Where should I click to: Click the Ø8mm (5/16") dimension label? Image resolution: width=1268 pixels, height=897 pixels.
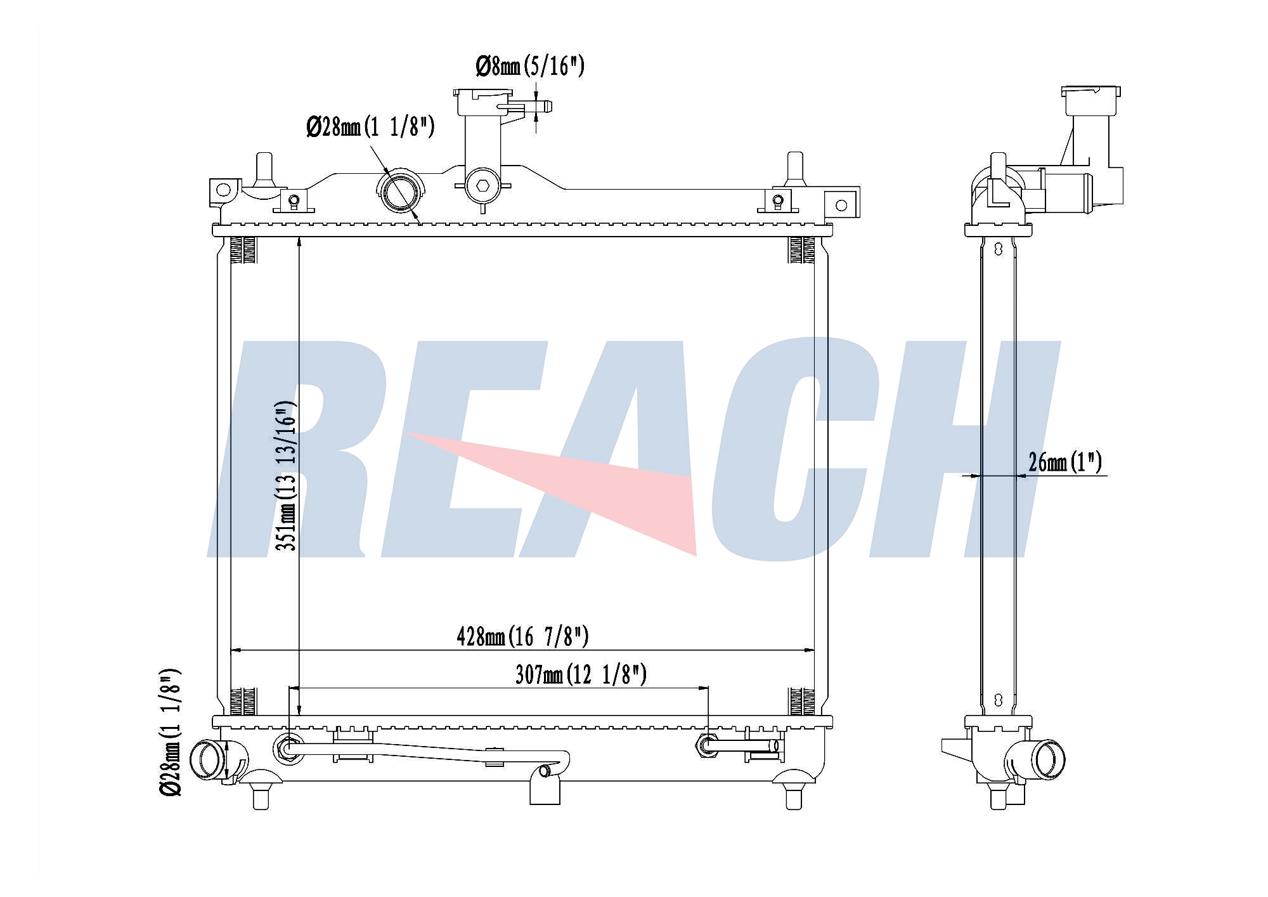click(x=529, y=66)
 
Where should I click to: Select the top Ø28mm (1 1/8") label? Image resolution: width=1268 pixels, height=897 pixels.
click(x=370, y=128)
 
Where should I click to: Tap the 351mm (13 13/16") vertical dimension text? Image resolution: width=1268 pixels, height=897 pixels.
click(x=287, y=476)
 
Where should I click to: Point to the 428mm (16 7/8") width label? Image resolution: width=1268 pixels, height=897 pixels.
click(x=522, y=636)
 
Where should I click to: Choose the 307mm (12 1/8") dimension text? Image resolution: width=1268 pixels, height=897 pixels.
click(x=581, y=674)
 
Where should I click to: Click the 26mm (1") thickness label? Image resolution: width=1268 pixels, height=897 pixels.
click(x=1065, y=462)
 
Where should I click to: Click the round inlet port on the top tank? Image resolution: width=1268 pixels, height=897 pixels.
click(x=401, y=188)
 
